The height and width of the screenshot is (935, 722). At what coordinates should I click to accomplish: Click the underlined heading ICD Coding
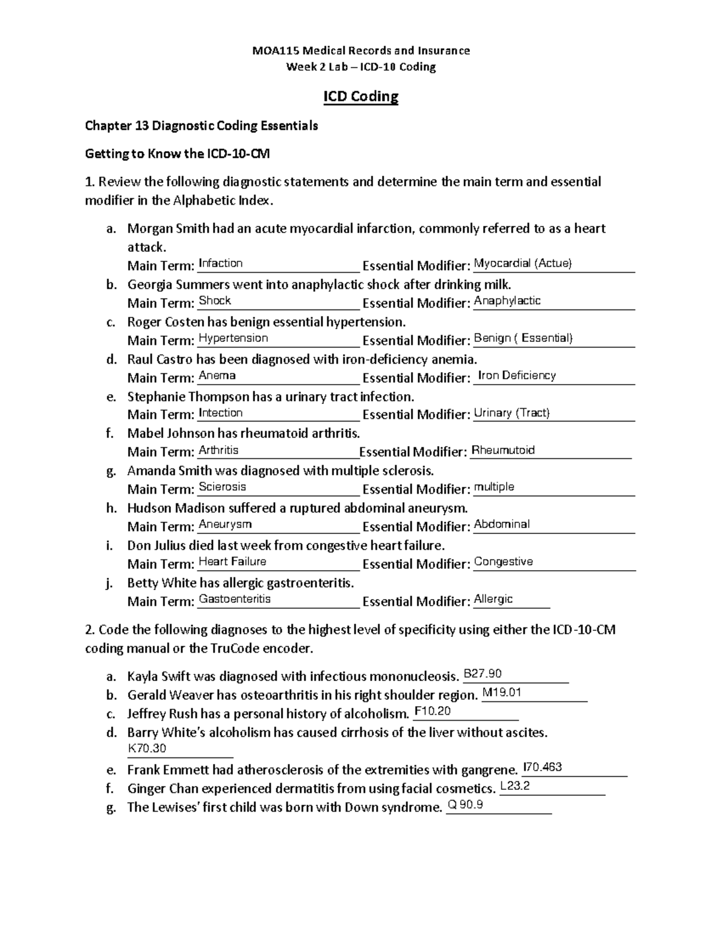click(x=361, y=97)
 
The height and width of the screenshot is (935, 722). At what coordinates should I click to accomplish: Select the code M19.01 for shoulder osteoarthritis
click(x=502, y=692)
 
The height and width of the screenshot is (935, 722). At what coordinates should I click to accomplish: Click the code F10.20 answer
click(x=433, y=711)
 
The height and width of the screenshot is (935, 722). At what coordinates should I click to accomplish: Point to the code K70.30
click(x=147, y=748)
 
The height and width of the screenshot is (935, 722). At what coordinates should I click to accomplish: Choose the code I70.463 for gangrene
click(x=543, y=767)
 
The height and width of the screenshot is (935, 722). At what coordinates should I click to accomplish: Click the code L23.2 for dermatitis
click(x=515, y=786)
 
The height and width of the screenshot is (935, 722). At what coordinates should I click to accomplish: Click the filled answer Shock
click(x=215, y=300)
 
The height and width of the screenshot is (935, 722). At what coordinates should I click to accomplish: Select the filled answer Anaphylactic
click(x=507, y=300)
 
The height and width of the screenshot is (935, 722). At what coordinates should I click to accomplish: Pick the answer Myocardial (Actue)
click(x=523, y=263)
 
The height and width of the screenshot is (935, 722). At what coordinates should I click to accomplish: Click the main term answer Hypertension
click(x=233, y=338)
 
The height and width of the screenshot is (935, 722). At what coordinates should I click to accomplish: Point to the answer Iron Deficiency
click(x=516, y=375)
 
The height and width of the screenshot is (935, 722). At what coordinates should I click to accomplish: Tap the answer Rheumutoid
click(x=503, y=450)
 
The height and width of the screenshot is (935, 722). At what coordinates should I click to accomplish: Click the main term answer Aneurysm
click(x=225, y=524)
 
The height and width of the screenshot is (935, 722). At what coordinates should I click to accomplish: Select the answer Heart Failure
click(x=232, y=562)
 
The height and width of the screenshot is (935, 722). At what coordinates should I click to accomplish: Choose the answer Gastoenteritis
click(x=235, y=599)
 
